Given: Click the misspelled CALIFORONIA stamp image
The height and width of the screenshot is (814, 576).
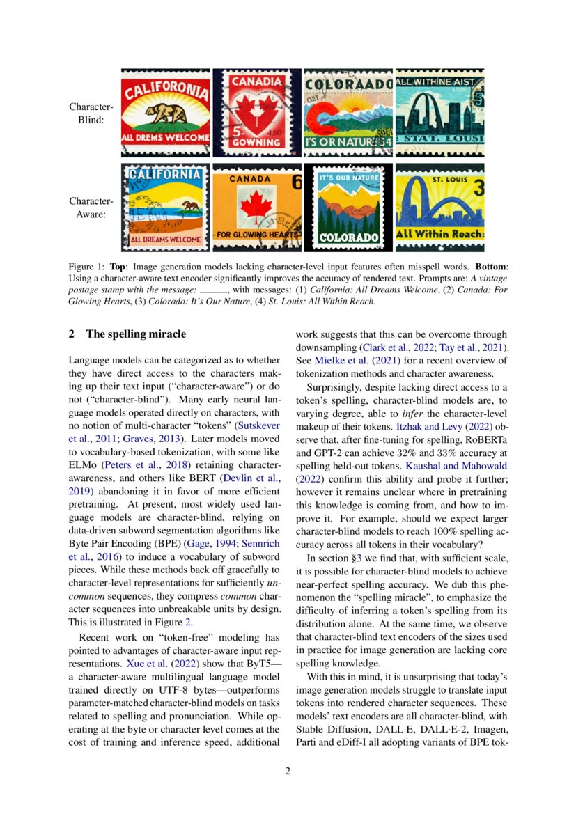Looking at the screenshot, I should click(x=165, y=112).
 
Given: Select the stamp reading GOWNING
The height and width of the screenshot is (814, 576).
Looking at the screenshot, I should click(x=257, y=112).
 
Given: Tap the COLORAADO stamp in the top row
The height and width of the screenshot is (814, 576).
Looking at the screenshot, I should click(x=348, y=112).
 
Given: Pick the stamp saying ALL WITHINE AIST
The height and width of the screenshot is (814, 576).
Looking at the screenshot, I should click(x=439, y=112).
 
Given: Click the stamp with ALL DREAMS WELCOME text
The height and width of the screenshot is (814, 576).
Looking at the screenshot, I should click(x=165, y=207).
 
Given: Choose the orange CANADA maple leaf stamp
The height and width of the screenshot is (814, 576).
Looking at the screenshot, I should click(x=257, y=207).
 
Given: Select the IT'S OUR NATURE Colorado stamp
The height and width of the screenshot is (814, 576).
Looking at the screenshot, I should click(x=348, y=207).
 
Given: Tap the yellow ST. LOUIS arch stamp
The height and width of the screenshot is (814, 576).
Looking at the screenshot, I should click(x=439, y=207).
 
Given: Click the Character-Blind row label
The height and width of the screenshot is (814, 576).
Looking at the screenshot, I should click(x=91, y=113).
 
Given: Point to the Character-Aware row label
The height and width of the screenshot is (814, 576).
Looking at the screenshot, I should click(x=91, y=208).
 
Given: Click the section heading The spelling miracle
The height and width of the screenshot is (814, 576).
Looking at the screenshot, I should click(x=136, y=334).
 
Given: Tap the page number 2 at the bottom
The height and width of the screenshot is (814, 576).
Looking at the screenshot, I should click(x=288, y=771).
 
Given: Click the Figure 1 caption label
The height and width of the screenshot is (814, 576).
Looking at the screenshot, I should click(x=86, y=267).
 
